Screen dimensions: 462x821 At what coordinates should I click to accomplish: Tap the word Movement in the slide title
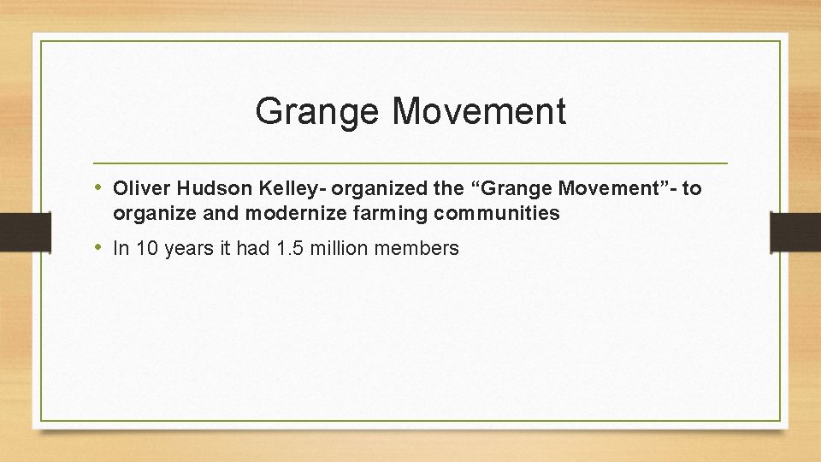[x=480, y=112]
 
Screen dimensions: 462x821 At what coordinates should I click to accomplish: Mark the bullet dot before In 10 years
[x=99, y=248]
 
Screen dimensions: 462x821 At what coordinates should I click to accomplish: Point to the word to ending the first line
[x=692, y=188]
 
